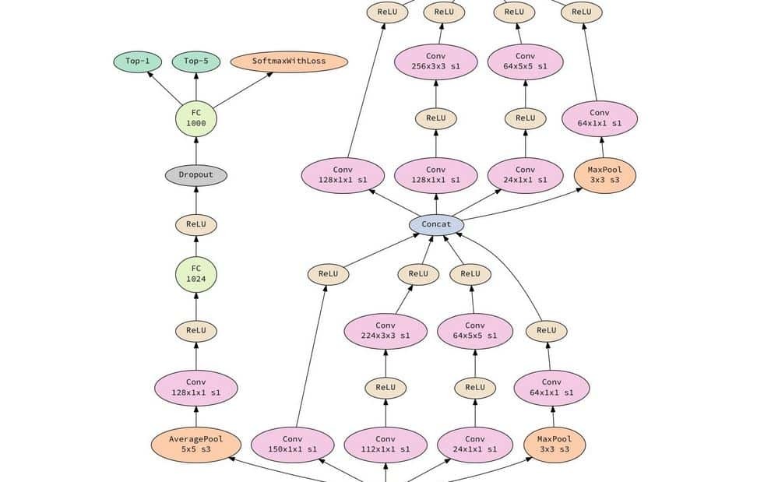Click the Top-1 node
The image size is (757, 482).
[x=137, y=62]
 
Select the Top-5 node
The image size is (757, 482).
[x=196, y=62]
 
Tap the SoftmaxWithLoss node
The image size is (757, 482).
[x=288, y=62]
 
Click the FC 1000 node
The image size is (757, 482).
[x=195, y=118]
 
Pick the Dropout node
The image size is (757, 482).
[x=195, y=174]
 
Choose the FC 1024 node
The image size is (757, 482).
[x=195, y=274]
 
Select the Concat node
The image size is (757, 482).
[x=436, y=225]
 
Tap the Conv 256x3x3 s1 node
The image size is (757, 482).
[x=436, y=62]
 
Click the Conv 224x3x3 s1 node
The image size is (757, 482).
[x=386, y=331]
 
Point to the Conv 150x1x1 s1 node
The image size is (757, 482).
[x=292, y=444]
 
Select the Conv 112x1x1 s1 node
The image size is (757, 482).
[x=386, y=444]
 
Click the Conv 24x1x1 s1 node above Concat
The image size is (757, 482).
[x=526, y=174]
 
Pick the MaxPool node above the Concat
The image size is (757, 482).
[x=604, y=174]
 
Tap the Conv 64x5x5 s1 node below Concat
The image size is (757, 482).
[x=474, y=331]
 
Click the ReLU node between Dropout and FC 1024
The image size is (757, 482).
[x=195, y=225]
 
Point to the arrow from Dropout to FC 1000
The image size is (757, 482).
[x=195, y=151]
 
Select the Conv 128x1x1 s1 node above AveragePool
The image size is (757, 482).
[x=195, y=388]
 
